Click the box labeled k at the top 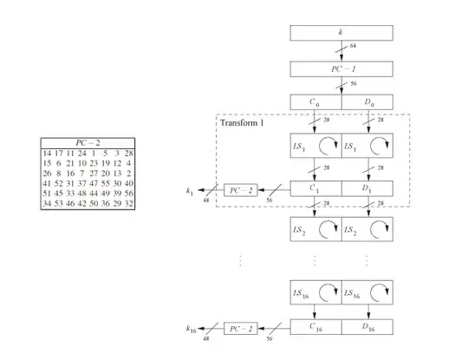click(x=341, y=33)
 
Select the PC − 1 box click(x=341, y=69)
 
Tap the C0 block click(x=315, y=103)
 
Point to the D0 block click(x=367, y=103)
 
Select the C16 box click(x=315, y=329)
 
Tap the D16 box click(x=367, y=329)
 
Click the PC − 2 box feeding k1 click(x=240, y=190)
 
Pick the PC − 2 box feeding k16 click(x=240, y=329)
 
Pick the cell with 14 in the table click(x=47, y=154)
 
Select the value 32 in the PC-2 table click(x=127, y=203)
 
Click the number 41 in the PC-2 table click(x=47, y=183)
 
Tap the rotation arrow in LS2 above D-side click(x=380, y=232)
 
